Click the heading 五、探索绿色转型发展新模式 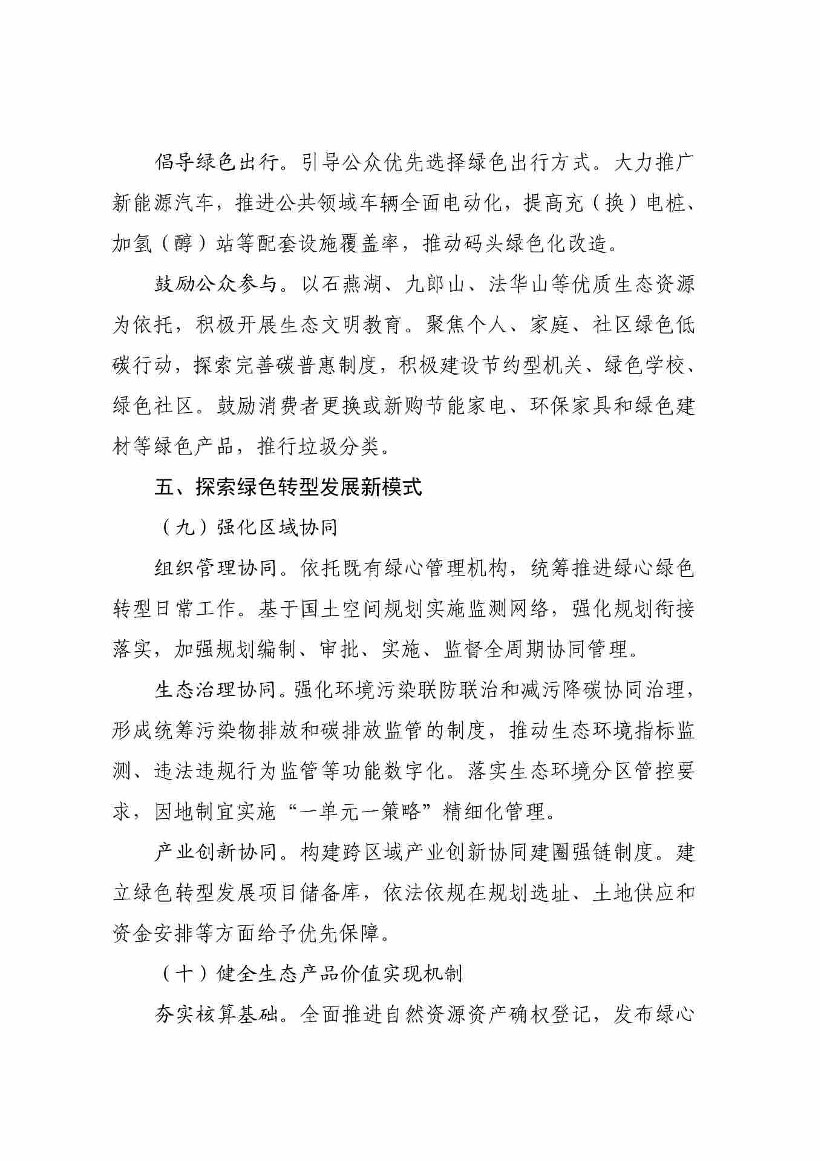(288, 487)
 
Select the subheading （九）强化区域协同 (249, 528)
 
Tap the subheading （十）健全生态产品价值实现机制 (312, 973)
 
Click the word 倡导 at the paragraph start (175, 163)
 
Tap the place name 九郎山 (434, 284)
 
